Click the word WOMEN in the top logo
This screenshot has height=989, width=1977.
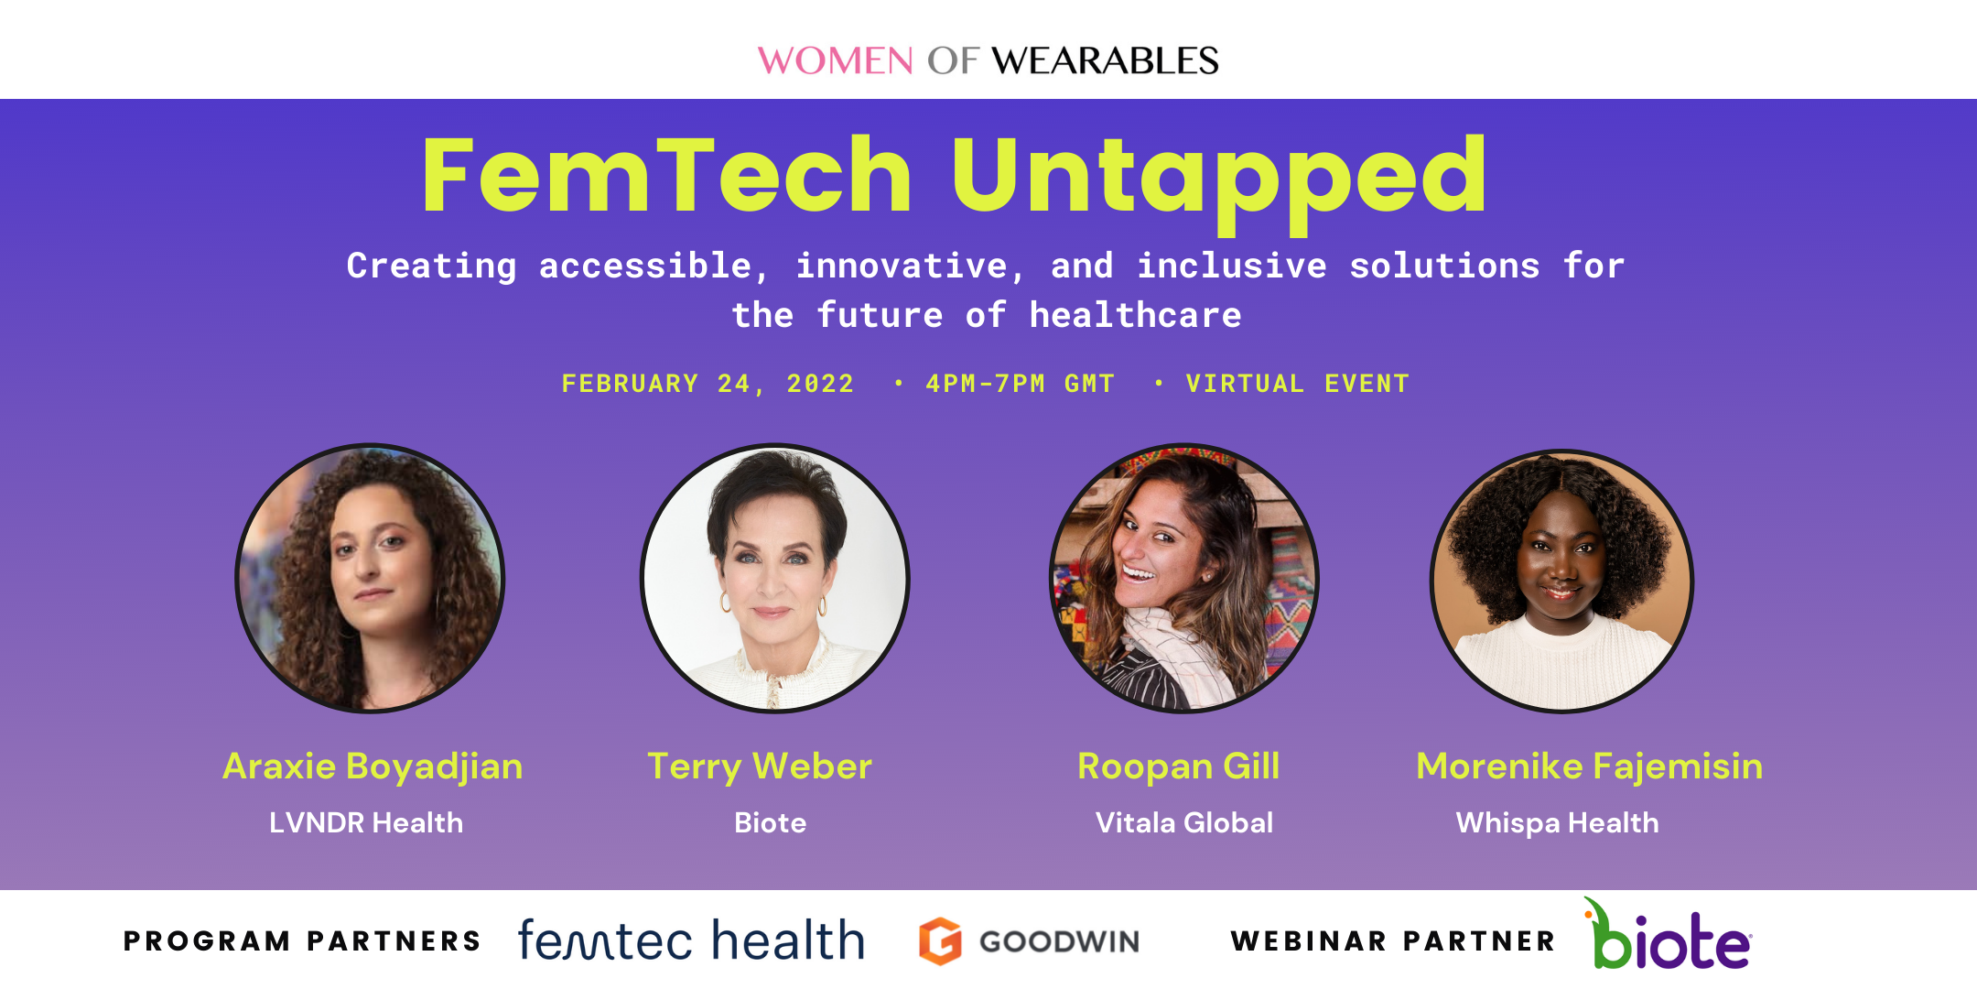(835, 61)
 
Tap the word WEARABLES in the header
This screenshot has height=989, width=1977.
(1105, 61)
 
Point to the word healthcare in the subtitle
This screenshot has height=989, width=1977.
(1135, 316)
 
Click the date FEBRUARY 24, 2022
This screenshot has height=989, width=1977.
(708, 384)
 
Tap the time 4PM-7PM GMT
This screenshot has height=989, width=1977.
(1020, 384)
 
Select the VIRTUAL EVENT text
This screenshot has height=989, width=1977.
(1297, 384)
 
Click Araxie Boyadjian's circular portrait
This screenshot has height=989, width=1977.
(370, 579)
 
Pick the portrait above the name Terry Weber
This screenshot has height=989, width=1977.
(774, 579)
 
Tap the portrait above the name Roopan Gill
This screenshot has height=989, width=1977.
(1183, 579)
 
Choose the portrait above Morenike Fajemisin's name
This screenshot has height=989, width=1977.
(1561, 581)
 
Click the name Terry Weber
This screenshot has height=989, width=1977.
(760, 766)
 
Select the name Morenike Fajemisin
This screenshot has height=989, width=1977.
(1589, 766)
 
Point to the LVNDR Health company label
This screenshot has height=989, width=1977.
(366, 822)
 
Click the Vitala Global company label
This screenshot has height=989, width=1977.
(1183, 822)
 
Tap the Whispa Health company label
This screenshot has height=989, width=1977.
(1557, 822)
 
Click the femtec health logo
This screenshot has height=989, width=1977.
(691, 940)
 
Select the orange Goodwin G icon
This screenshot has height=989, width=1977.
(940, 940)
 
